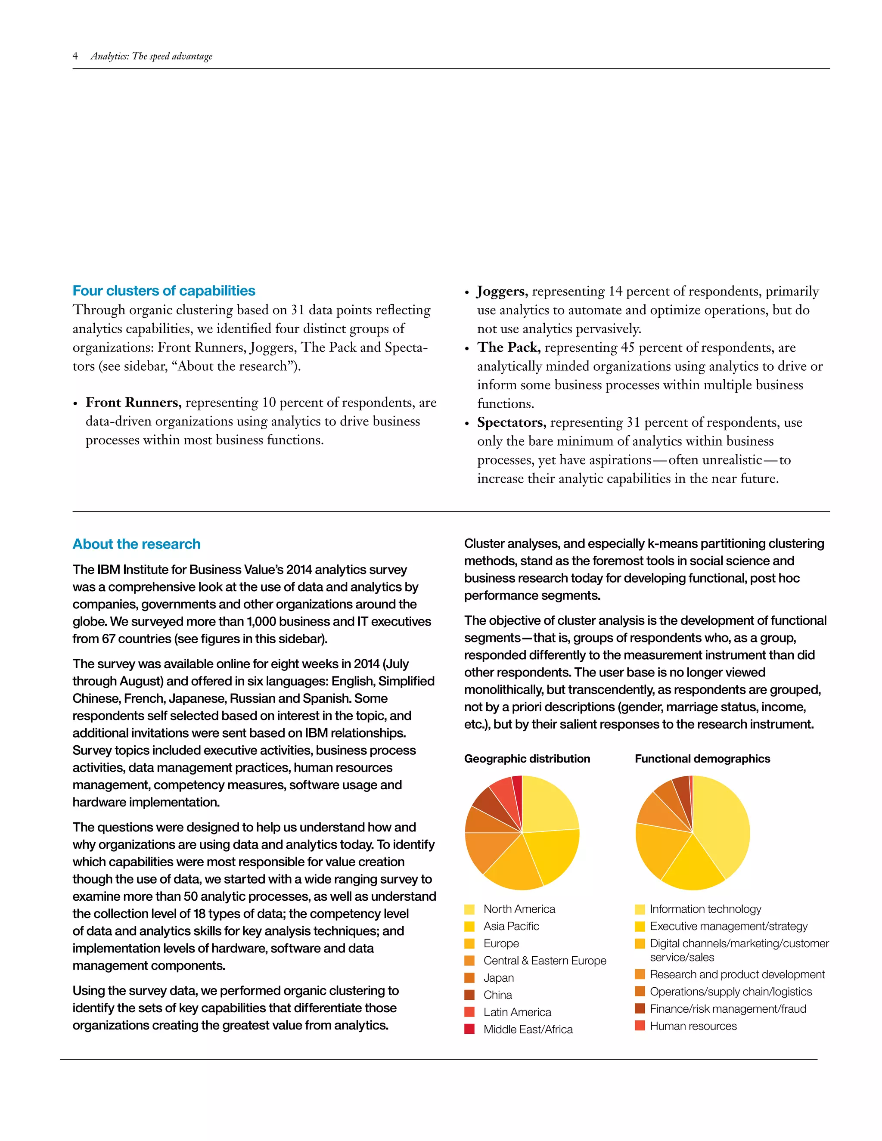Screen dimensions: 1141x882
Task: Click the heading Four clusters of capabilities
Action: click(x=164, y=291)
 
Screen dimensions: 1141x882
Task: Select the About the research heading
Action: click(x=137, y=544)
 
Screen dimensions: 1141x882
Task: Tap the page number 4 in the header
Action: click(x=75, y=56)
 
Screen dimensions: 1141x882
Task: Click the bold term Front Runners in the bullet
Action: click(x=133, y=402)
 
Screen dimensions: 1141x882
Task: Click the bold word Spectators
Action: click(x=511, y=422)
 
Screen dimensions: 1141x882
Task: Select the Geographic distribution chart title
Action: click(x=527, y=759)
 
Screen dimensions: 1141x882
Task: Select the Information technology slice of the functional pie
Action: click(x=724, y=825)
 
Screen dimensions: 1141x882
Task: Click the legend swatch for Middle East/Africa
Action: click(x=469, y=1029)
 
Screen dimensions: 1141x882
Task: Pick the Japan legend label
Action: click(x=498, y=977)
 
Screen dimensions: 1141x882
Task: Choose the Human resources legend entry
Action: click(x=693, y=1026)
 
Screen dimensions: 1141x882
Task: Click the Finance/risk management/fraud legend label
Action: click(x=727, y=1009)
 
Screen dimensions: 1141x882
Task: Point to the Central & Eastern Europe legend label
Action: click(x=544, y=960)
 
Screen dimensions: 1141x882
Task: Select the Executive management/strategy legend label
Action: click(x=728, y=926)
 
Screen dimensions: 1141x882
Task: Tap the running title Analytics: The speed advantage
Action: click(x=152, y=56)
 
